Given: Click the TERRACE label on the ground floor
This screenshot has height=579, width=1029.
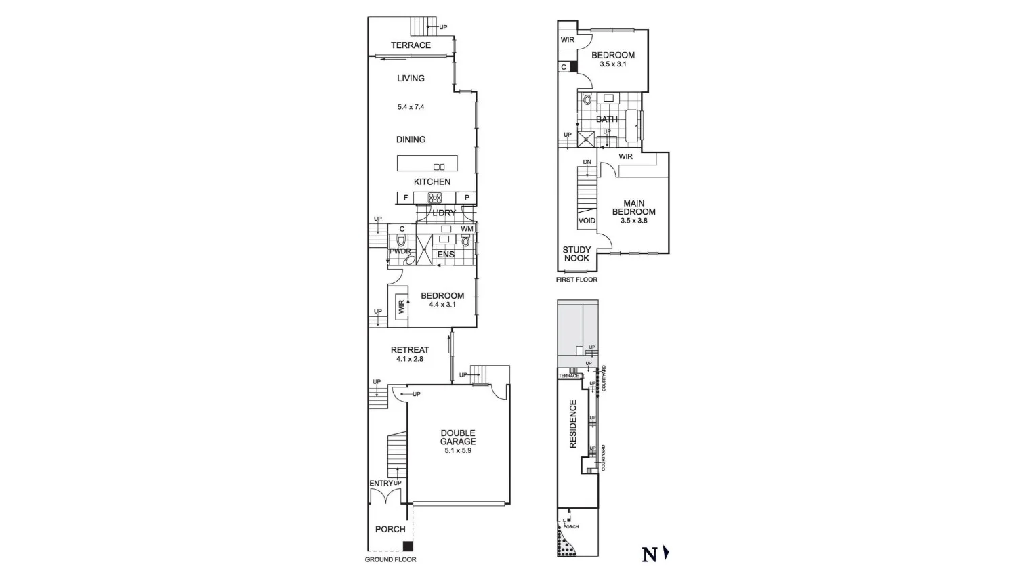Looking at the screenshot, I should click(411, 45).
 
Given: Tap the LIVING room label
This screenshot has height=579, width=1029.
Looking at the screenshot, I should click(411, 79).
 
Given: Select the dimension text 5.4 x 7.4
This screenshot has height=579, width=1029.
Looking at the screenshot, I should click(411, 107).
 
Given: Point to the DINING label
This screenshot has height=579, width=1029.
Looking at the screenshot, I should click(411, 140).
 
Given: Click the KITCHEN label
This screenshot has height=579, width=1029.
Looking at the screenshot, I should click(432, 181).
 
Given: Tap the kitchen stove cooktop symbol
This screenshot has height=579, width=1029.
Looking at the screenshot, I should click(434, 198).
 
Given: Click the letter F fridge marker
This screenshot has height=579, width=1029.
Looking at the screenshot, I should click(406, 198).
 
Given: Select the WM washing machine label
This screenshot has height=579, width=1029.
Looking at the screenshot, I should click(467, 229).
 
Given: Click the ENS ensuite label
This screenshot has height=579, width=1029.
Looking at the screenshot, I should click(446, 255).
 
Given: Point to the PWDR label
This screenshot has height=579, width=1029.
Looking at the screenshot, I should click(400, 251).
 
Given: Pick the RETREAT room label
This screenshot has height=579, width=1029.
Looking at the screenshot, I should click(410, 350).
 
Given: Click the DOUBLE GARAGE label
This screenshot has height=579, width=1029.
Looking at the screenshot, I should click(458, 437).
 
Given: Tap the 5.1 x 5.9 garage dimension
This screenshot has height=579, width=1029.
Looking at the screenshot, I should click(458, 450).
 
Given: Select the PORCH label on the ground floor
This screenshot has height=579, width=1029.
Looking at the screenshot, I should click(390, 529).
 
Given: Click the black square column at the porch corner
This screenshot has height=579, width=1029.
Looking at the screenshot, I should click(407, 546).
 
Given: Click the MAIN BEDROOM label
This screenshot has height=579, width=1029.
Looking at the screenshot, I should click(633, 207).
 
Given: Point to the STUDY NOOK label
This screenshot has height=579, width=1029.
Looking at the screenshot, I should click(576, 254).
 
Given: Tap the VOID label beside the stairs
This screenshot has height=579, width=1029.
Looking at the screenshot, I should click(587, 221).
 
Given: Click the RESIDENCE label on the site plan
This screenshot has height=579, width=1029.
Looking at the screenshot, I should click(573, 424).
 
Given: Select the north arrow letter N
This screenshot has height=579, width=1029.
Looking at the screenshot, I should click(649, 555).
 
